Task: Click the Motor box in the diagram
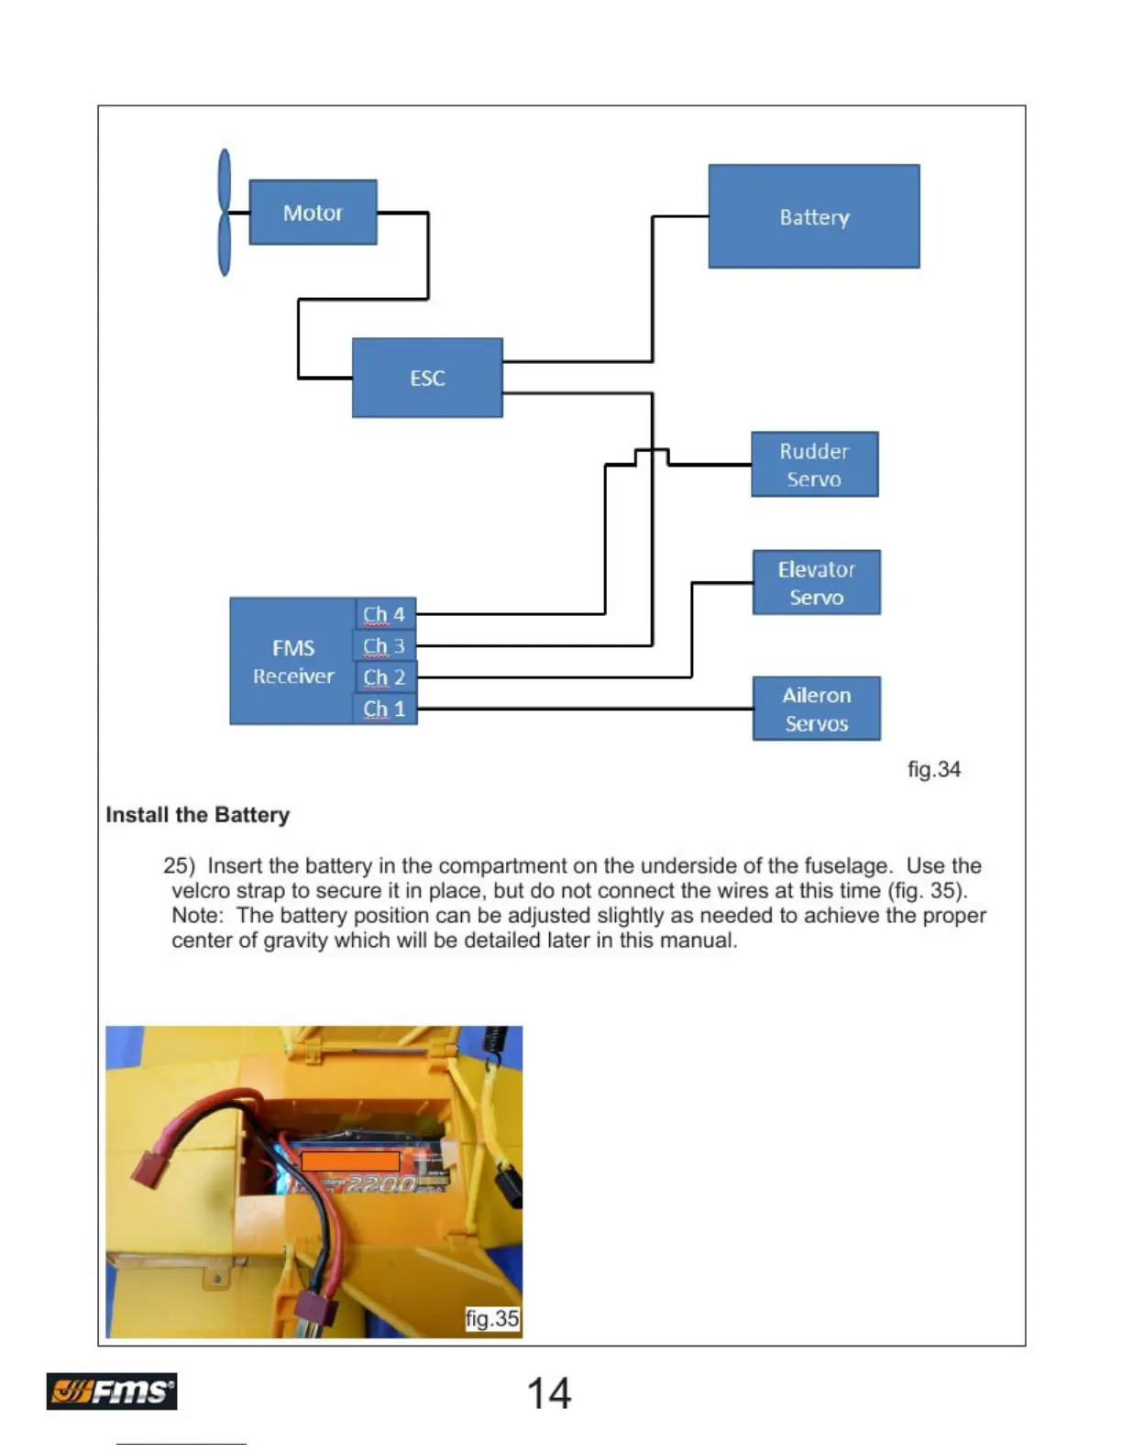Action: [313, 213]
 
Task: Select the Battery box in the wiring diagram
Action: [814, 217]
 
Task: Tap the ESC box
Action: [427, 378]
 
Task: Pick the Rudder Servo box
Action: [814, 465]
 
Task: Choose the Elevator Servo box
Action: [816, 583]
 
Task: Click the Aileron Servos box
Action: [816, 709]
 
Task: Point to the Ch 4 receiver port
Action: [384, 614]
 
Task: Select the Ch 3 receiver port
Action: [384, 646]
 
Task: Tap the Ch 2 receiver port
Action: [384, 677]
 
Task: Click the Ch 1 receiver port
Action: [384, 709]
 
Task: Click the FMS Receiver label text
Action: [293, 662]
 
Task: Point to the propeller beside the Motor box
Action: [225, 213]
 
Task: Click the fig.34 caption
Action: [933, 769]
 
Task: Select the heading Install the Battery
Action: [198, 815]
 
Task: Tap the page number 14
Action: [549, 1393]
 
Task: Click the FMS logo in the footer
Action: [112, 1391]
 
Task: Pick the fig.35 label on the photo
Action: [492, 1318]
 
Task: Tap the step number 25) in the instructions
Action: [180, 866]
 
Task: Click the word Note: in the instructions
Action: [197, 916]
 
